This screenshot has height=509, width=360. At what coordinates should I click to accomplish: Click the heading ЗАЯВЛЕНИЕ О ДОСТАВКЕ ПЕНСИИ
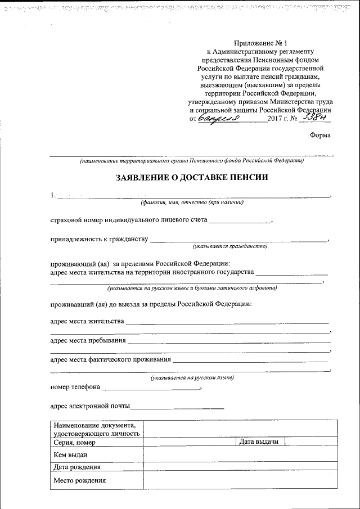click(x=192, y=177)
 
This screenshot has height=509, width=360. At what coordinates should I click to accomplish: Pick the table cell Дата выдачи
click(x=259, y=442)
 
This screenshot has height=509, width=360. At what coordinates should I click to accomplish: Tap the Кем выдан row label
click(x=70, y=454)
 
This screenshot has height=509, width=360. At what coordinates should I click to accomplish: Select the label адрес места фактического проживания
click(x=110, y=359)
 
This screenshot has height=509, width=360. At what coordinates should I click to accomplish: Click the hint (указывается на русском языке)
click(x=192, y=378)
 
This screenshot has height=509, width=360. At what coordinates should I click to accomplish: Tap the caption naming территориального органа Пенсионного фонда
click(x=192, y=160)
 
